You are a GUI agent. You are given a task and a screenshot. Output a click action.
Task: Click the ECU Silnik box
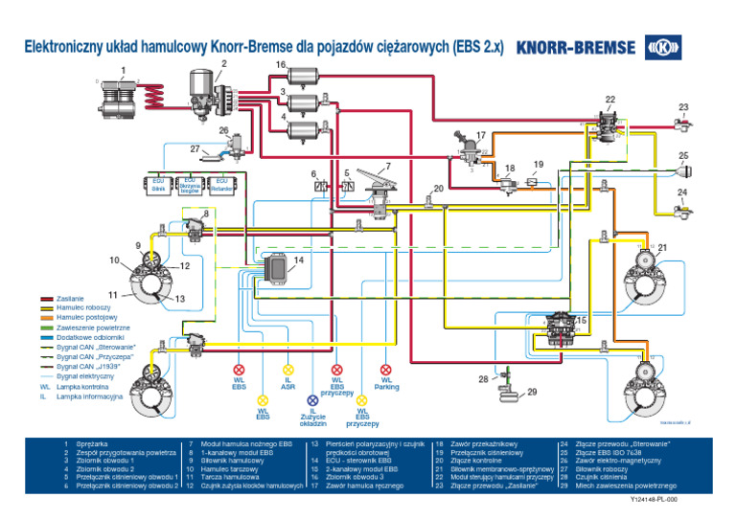point(158,184)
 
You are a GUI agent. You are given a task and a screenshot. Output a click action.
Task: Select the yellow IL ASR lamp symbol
point(287,369)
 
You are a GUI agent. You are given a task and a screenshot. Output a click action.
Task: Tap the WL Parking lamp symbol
point(385,369)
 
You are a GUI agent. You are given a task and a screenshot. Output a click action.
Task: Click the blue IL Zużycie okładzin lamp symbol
point(312,400)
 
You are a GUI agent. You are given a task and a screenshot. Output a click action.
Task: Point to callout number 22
point(609,99)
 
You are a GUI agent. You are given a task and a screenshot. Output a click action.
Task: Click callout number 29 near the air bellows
point(533,392)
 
